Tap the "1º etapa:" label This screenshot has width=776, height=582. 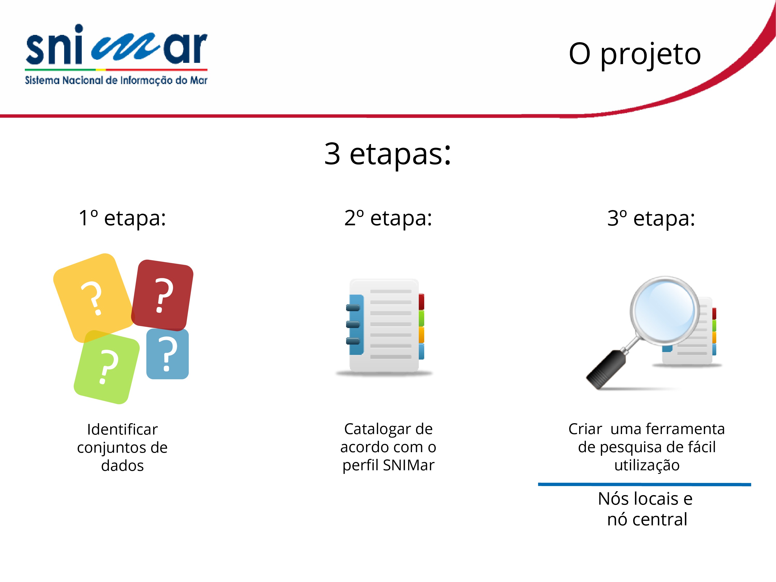tap(122, 218)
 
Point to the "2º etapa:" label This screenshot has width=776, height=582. tap(388, 218)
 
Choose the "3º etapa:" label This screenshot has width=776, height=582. tap(651, 218)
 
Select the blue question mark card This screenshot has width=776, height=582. tap(167, 354)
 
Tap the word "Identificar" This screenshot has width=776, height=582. tap(122, 429)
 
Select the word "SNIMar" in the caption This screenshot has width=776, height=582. tap(409, 465)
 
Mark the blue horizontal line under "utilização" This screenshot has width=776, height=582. tap(644, 484)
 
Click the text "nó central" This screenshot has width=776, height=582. tap(647, 519)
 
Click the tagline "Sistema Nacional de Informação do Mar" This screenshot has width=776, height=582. tap(116, 80)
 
